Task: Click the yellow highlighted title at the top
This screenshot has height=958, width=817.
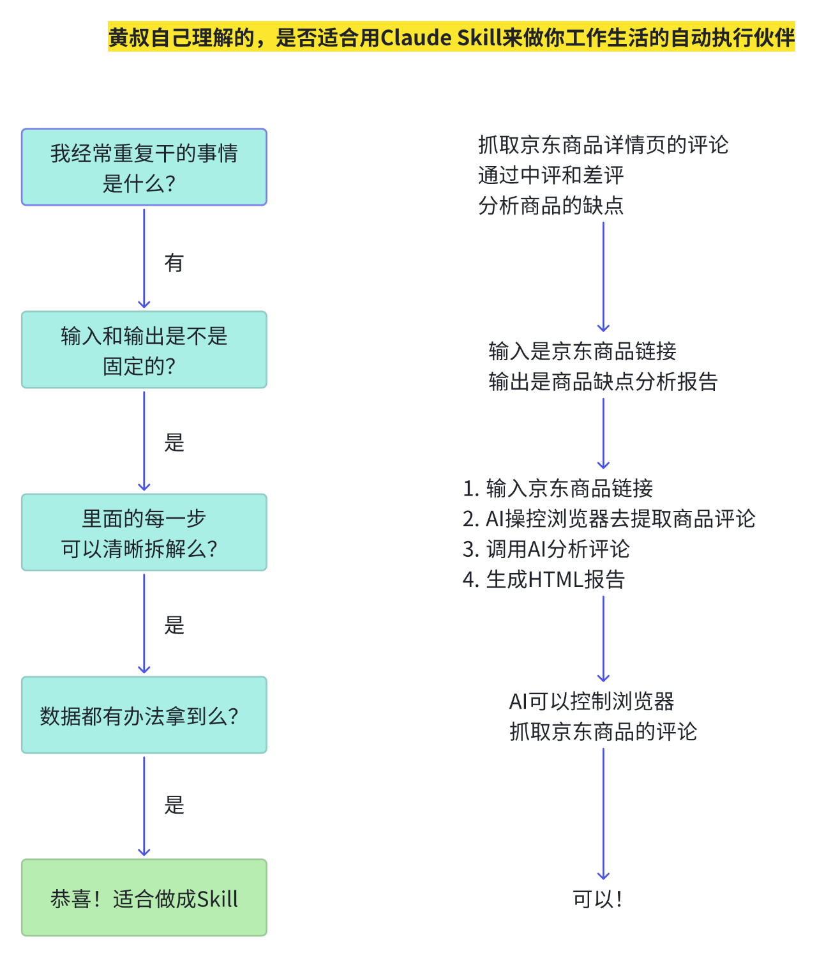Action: pyautogui.click(x=451, y=38)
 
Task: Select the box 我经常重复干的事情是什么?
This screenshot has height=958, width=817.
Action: pyautogui.click(x=144, y=167)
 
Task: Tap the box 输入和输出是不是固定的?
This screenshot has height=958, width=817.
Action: pyautogui.click(x=144, y=350)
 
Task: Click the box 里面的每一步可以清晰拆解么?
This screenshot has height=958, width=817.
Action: pyautogui.click(x=144, y=533)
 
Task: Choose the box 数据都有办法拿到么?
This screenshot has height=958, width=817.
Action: pyautogui.click(x=144, y=715)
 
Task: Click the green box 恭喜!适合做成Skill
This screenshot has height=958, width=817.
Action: pyautogui.click(x=144, y=898)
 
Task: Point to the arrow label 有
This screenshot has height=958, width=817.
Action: pyautogui.click(x=174, y=262)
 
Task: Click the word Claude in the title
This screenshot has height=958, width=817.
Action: pyautogui.click(x=416, y=38)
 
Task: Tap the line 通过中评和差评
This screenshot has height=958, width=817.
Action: pyautogui.click(x=550, y=175)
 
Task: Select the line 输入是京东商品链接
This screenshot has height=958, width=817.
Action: pyautogui.click(x=582, y=351)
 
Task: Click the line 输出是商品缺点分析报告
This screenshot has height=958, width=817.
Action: pyautogui.click(x=603, y=382)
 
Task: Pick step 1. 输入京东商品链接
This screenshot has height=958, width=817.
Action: pyautogui.click(x=558, y=489)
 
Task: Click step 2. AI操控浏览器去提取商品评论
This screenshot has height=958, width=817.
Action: pyautogui.click(x=609, y=519)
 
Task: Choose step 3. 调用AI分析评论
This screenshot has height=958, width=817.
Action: pyautogui.click(x=546, y=549)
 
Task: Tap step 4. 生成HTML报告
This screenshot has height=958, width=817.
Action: pyautogui.click(x=544, y=579)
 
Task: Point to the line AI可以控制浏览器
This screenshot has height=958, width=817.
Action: pyautogui.click(x=592, y=701)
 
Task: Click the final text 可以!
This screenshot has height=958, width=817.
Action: pyautogui.click(x=597, y=899)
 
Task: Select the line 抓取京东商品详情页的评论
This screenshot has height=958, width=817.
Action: pyautogui.click(x=603, y=145)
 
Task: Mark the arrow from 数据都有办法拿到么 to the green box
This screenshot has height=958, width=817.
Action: pyautogui.click(x=144, y=806)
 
